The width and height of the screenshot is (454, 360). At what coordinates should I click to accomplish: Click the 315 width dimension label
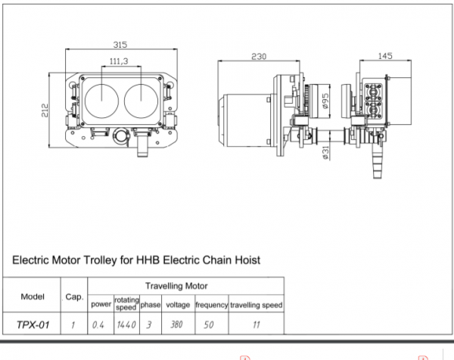point(120,45)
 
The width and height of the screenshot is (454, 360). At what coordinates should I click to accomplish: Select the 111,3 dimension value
point(119,61)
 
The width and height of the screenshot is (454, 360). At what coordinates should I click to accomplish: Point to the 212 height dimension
point(45,110)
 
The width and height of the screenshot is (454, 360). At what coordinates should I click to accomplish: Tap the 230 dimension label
point(259,57)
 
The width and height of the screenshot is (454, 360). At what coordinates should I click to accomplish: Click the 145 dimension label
point(385,56)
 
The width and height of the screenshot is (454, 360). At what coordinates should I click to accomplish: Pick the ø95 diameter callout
point(325,101)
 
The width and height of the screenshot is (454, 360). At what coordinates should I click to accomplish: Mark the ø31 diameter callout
point(325,153)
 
